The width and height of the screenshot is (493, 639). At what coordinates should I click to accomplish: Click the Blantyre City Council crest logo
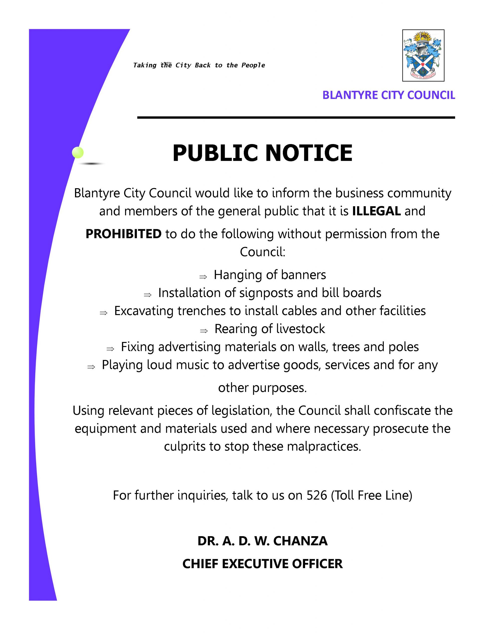click(x=423, y=55)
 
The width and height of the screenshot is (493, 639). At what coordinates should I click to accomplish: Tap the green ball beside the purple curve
click(x=78, y=153)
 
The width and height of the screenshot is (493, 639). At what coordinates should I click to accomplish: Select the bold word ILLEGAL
click(x=376, y=211)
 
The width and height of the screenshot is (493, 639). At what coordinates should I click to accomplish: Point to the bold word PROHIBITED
click(x=123, y=234)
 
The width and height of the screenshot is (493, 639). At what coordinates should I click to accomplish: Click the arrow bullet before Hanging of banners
click(x=203, y=277)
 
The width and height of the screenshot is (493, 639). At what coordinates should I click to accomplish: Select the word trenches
click(x=201, y=311)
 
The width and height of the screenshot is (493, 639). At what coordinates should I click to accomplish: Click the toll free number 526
click(x=317, y=495)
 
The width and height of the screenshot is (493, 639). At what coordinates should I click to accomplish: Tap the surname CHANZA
click(x=300, y=541)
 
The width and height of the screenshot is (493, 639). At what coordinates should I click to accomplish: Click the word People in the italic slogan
click(x=253, y=65)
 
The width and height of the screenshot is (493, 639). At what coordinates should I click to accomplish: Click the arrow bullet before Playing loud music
click(x=91, y=367)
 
